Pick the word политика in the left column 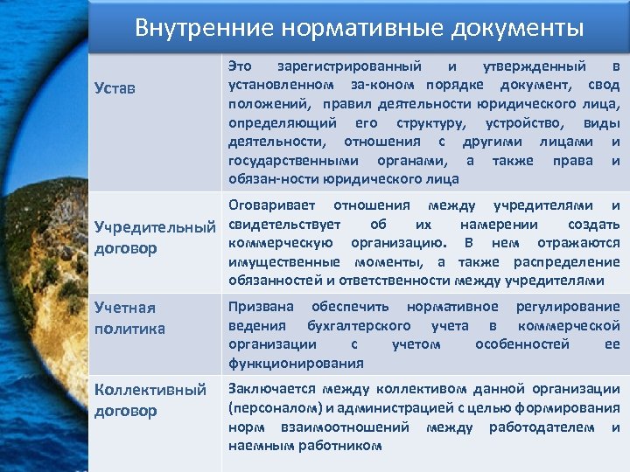pos(130,328)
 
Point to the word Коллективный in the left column pos(150,389)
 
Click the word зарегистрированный pos(348,66)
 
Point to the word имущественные pos(285,261)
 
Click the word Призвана pos(261,307)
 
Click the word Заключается pos(270,389)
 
